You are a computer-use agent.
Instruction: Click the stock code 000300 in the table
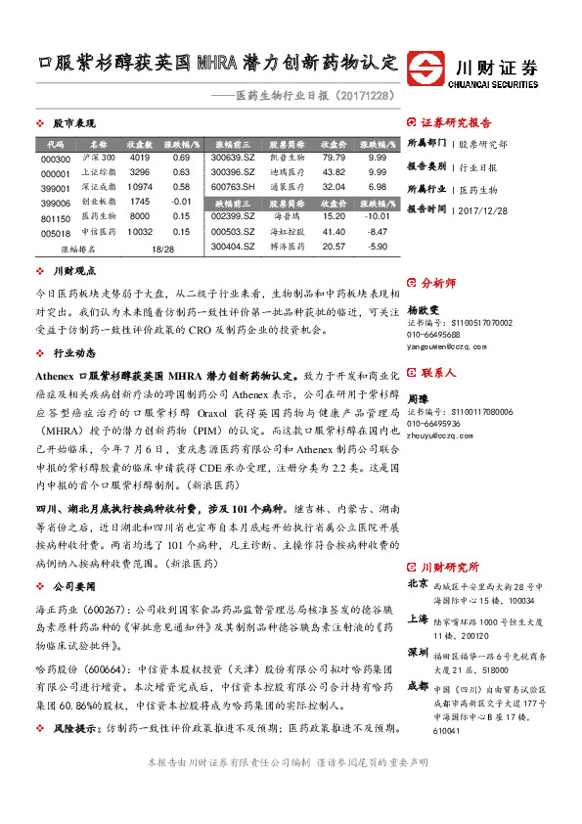click(56, 159)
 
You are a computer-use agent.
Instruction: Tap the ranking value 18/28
click(162, 250)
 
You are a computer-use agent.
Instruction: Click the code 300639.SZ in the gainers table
click(233, 158)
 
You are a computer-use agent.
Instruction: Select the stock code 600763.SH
click(233, 186)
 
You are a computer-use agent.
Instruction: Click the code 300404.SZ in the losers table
click(233, 247)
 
